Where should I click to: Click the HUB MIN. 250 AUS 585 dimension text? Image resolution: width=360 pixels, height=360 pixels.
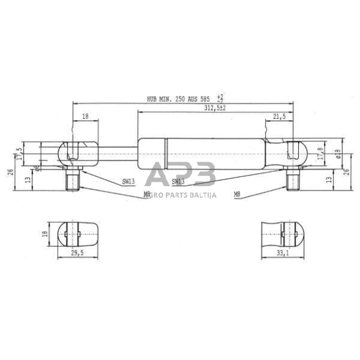[x=181, y=98]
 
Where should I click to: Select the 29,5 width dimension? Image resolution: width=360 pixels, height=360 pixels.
[x=77, y=252]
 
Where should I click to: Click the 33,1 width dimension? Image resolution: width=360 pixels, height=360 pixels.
[x=282, y=252]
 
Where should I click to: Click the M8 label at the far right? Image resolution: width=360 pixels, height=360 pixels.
[x=238, y=194]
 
